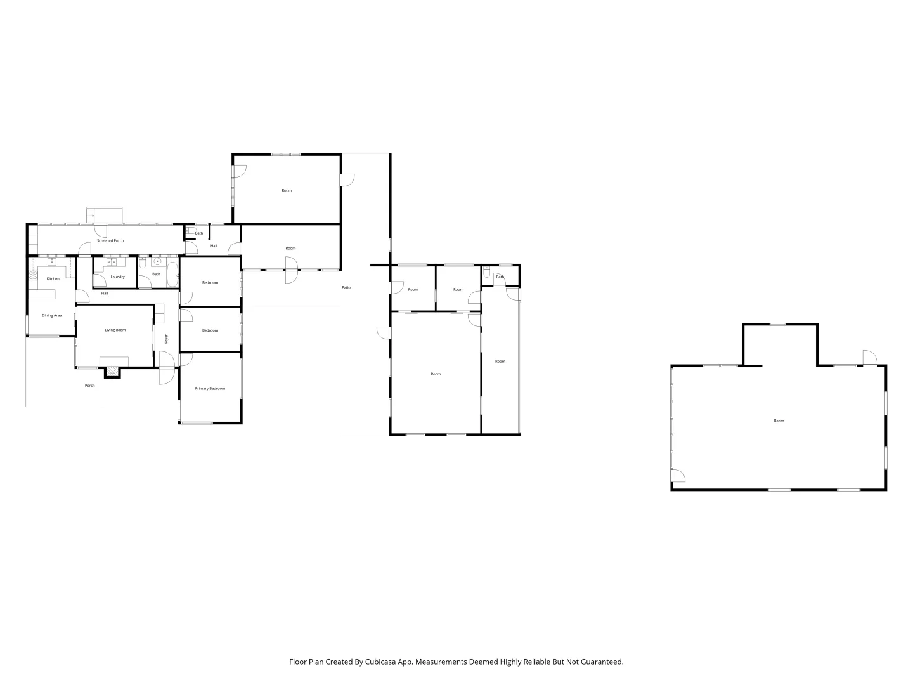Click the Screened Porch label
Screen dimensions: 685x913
pyautogui.click(x=110, y=241)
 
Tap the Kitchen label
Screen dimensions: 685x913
pyautogui.click(x=53, y=279)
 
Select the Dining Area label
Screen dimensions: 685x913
pyautogui.click(x=52, y=315)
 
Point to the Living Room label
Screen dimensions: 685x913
pyautogui.click(x=115, y=330)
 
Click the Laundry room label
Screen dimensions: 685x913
pyautogui.click(x=117, y=277)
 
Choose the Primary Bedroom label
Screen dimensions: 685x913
pyautogui.click(x=210, y=388)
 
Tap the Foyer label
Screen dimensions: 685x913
pyautogui.click(x=167, y=339)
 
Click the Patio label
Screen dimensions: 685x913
pyautogui.click(x=346, y=288)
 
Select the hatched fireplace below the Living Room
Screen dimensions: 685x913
pyautogui.click(x=112, y=372)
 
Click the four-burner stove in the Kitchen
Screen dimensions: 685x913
pyautogui.click(x=33, y=275)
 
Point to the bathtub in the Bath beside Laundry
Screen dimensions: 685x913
pyautogui.click(x=172, y=274)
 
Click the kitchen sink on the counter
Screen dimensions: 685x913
pyautogui.click(x=51, y=261)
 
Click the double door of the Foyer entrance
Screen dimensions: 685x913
pyautogui.click(x=167, y=369)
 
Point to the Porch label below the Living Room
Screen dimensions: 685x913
pyautogui.click(x=90, y=386)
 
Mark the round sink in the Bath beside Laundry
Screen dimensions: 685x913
pyautogui.click(x=157, y=261)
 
